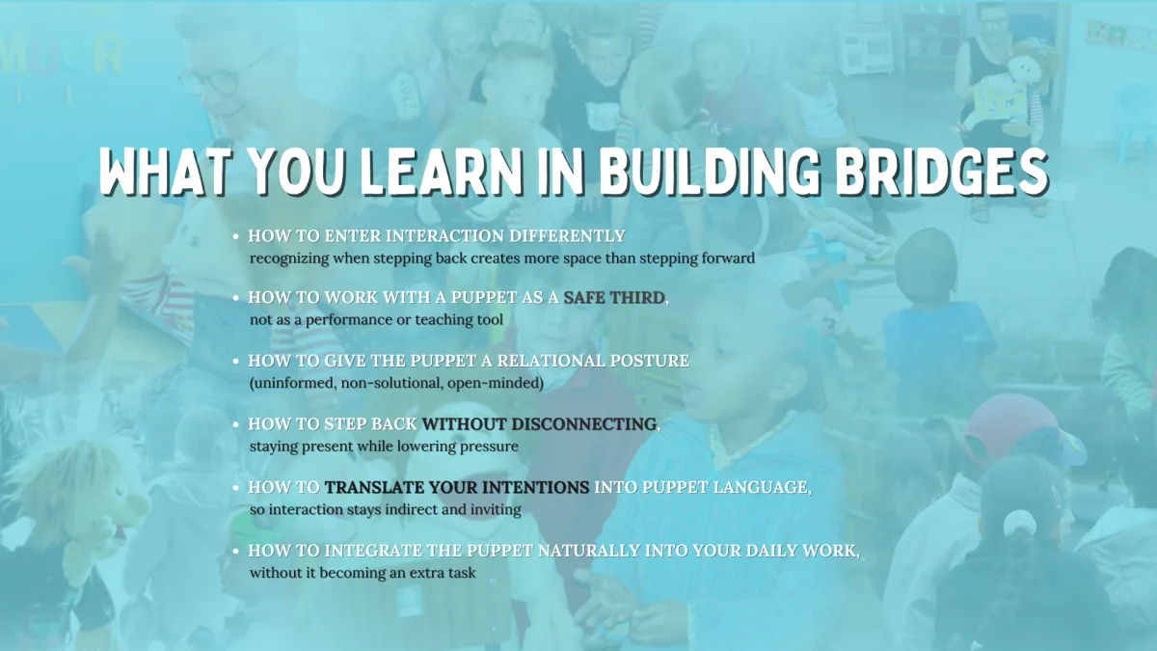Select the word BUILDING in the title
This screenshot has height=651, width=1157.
pos(710,172)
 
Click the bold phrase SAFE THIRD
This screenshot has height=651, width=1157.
pos(613,298)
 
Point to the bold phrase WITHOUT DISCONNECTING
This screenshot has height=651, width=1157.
pos(539,424)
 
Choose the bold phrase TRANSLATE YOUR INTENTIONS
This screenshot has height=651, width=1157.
pos(457,487)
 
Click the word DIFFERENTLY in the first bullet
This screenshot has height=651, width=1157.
pos(567,236)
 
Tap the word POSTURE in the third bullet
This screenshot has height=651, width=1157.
pos(649,361)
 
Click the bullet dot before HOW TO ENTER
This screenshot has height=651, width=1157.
pos(236,236)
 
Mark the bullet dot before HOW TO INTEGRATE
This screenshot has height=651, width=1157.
pos(236,552)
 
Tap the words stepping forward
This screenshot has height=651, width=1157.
pos(697,258)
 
